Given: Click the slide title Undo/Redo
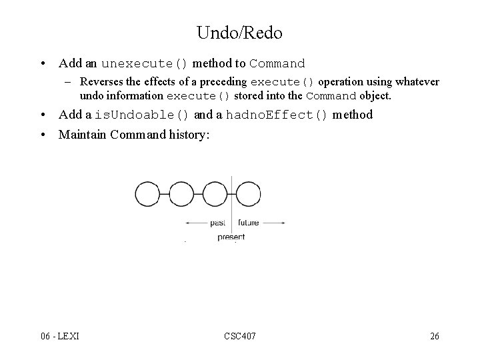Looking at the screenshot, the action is (x=239, y=33).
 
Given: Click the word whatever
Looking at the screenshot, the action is (x=415, y=82).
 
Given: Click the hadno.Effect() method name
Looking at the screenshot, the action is (x=277, y=115).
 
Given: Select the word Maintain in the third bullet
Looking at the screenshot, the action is (x=83, y=134).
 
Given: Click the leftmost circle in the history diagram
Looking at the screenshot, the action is (x=147, y=195).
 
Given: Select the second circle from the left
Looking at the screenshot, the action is (x=181, y=195).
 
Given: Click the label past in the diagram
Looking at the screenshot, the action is (x=217, y=223).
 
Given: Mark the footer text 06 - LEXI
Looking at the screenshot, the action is (x=59, y=336).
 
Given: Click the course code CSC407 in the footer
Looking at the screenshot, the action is (x=239, y=336).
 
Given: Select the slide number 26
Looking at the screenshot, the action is (x=434, y=336).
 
